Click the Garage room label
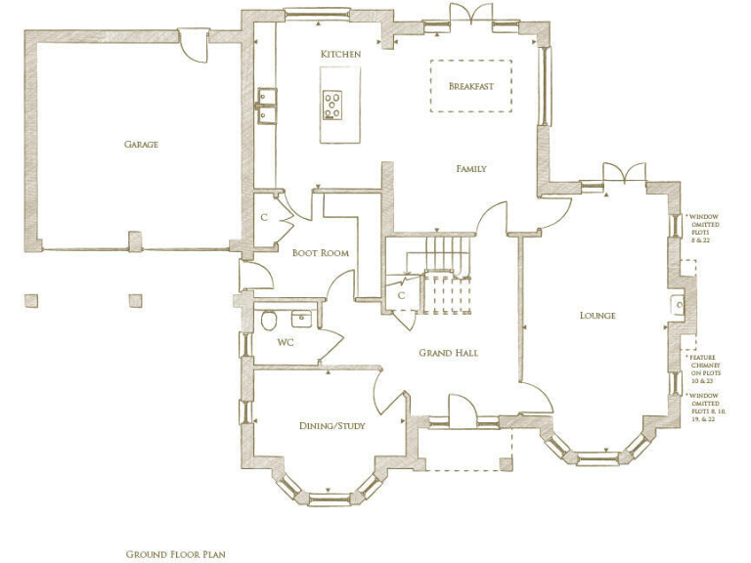point(141,144)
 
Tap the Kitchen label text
point(340,53)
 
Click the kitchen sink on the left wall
point(266,106)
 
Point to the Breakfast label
point(470,86)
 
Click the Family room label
point(470,168)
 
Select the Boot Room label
point(321,252)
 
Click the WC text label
point(286,342)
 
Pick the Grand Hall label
point(448,352)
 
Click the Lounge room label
point(596,315)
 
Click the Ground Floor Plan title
point(175,554)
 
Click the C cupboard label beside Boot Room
point(264,217)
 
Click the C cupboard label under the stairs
point(401,295)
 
